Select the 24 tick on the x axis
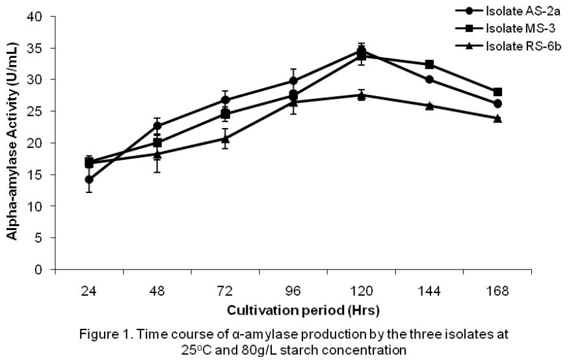[89, 292]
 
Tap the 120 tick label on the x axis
[361, 292]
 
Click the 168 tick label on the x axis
[497, 292]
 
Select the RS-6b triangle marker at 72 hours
[225, 138]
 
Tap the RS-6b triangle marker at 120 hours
[362, 95]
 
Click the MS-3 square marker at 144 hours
[429, 64]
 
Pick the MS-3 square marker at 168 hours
[497, 92]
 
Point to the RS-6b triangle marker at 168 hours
[497, 118]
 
